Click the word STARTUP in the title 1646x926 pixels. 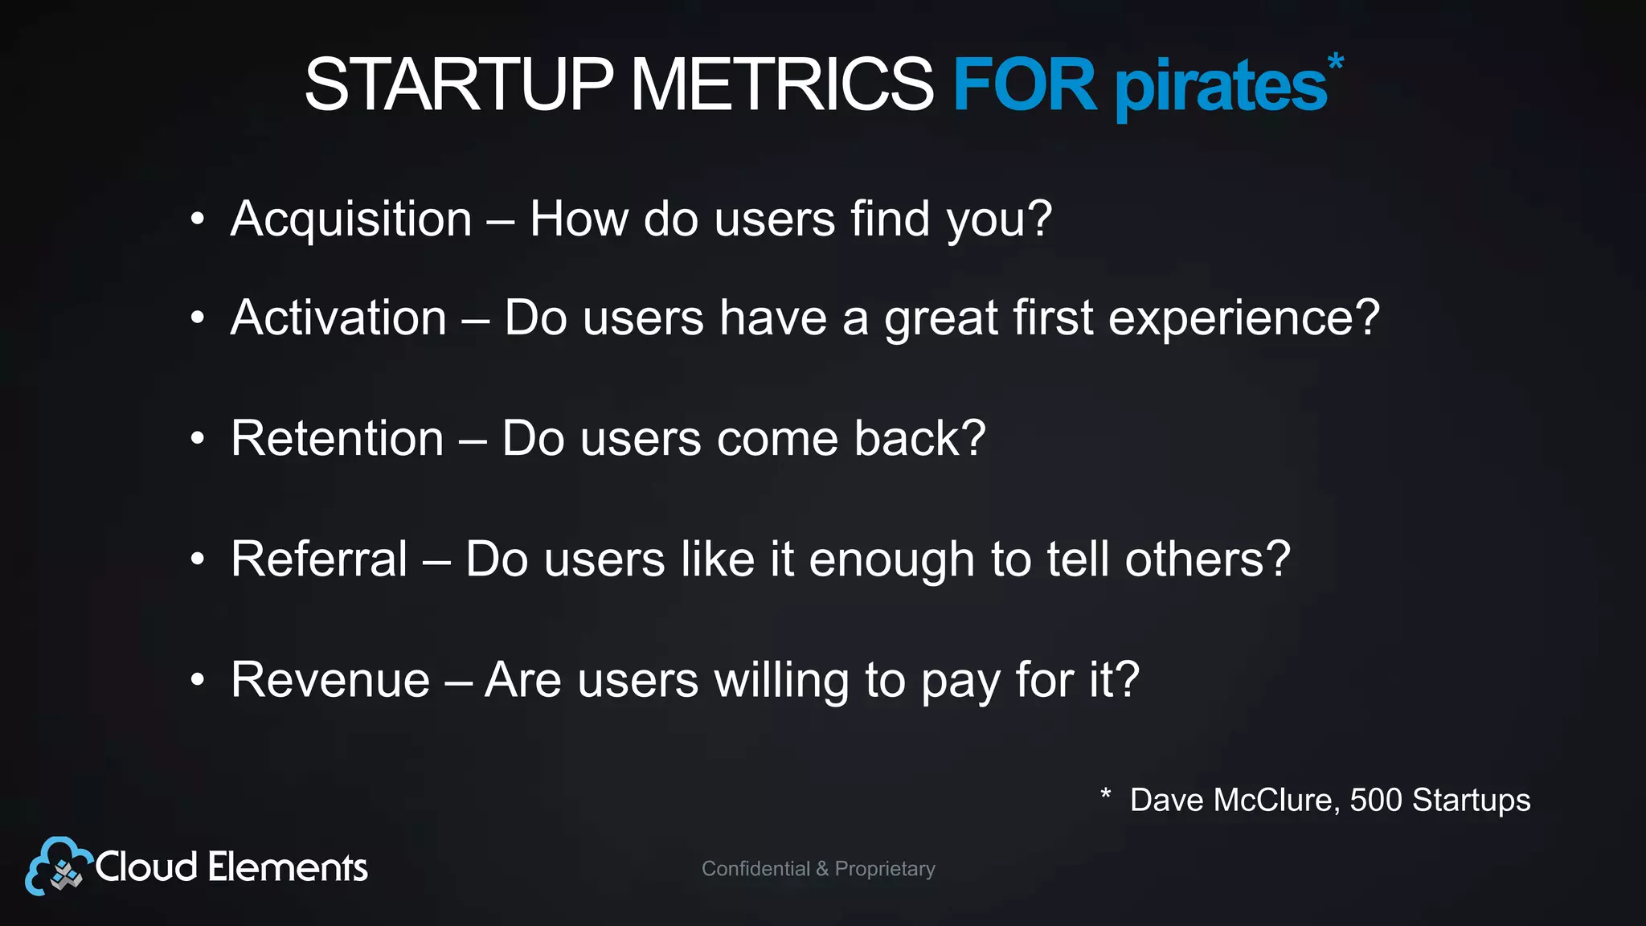(x=459, y=84)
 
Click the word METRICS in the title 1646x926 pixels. (x=781, y=84)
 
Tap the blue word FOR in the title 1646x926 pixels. (x=1024, y=84)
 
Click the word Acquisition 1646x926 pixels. (x=351, y=219)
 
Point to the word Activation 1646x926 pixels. (x=338, y=318)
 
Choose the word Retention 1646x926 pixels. (x=338, y=438)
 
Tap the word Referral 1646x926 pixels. (x=319, y=559)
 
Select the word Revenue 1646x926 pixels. (x=330, y=680)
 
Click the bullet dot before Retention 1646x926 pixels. (x=198, y=440)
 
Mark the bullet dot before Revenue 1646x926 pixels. (x=198, y=681)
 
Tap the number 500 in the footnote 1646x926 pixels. (x=1375, y=800)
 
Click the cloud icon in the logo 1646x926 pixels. (x=56, y=867)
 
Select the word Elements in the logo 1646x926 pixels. (x=288, y=867)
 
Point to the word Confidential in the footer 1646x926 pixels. (x=755, y=869)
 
